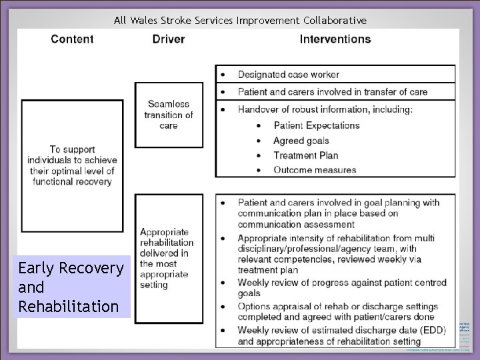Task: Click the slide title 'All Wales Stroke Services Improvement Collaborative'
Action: pyautogui.click(x=240, y=20)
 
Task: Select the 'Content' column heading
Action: pyautogui.click(x=72, y=39)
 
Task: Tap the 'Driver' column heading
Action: pyautogui.click(x=169, y=39)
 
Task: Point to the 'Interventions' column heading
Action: pyautogui.click(x=335, y=39)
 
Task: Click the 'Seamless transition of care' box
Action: pyautogui.click(x=169, y=115)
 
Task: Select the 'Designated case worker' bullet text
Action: pyautogui.click(x=288, y=75)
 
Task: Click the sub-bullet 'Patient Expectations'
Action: pyautogui.click(x=316, y=125)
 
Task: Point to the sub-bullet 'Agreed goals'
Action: pyautogui.click(x=301, y=141)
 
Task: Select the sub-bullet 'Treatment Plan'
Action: pyautogui.click(x=305, y=155)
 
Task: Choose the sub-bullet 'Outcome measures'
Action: pyautogui.click(x=315, y=170)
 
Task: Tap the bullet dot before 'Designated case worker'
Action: pyautogui.click(x=223, y=75)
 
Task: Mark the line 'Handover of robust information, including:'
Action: pyautogui.click(x=325, y=109)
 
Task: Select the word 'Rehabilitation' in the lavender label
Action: pyautogui.click(x=69, y=307)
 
